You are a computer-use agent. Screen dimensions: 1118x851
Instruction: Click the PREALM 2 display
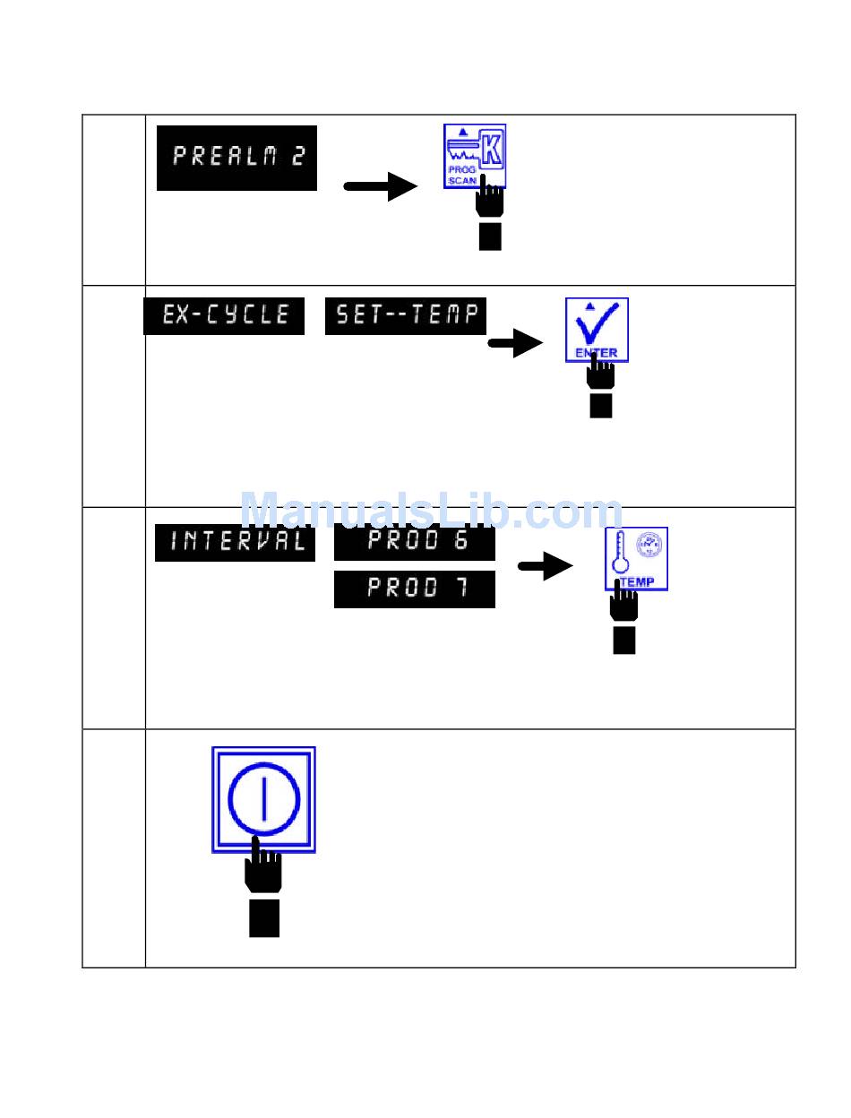[236, 158]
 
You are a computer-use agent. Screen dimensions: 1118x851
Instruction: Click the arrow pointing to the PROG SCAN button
[381, 186]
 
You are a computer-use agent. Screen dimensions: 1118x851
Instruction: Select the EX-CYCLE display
[224, 315]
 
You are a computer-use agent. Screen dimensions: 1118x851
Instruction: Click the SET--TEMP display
[406, 315]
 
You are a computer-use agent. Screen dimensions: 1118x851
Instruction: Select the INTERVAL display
[236, 542]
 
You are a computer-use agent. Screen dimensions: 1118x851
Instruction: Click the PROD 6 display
[415, 540]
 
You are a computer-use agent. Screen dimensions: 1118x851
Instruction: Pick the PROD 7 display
[415, 589]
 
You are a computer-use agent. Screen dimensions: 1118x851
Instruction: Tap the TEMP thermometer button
[636, 558]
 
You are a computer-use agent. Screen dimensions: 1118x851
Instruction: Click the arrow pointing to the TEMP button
[546, 566]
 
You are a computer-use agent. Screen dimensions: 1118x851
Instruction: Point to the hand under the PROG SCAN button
[489, 211]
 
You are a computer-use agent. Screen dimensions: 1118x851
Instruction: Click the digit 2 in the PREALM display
[297, 158]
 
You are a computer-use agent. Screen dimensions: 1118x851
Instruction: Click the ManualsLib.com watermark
[431, 512]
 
